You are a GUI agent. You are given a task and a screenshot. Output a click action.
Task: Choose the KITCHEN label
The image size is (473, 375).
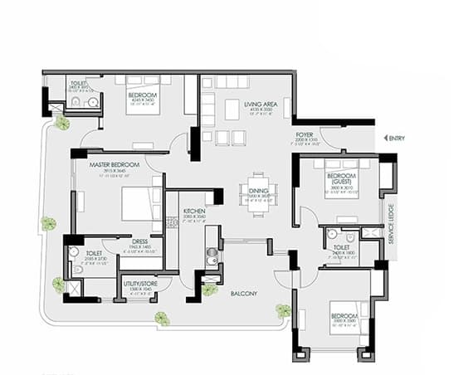coord(195,212)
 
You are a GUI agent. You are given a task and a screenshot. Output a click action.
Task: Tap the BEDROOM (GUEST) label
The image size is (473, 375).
coord(342,180)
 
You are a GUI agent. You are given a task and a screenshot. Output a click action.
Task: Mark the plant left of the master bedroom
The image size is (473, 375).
coord(49,223)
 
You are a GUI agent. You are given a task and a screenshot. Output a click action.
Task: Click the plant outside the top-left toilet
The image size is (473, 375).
coord(62,123)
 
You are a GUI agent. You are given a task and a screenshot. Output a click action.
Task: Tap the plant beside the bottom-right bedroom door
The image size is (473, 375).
coord(284,310)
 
